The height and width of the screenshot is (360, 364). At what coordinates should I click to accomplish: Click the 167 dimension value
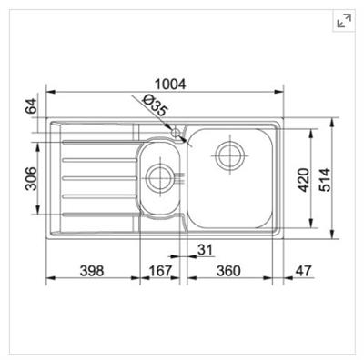click(161, 270)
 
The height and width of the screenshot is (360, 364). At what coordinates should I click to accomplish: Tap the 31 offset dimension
click(205, 250)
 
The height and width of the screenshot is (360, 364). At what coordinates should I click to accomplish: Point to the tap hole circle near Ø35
click(178, 132)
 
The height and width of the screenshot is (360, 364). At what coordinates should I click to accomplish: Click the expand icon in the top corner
click(345, 21)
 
